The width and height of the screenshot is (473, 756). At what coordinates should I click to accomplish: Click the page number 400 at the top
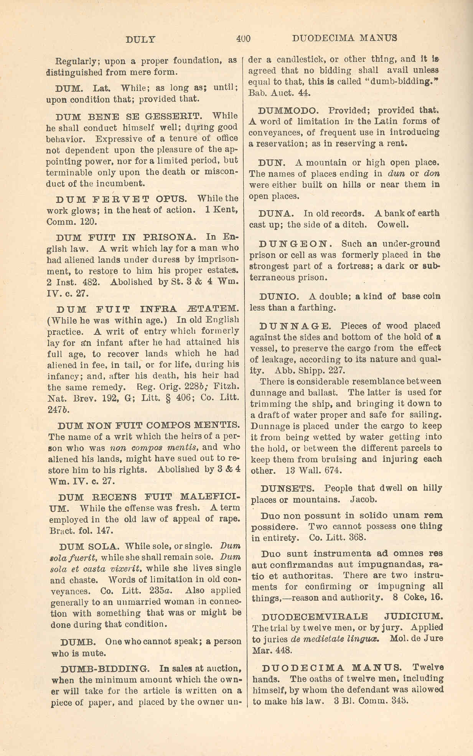pyautogui.click(x=243, y=38)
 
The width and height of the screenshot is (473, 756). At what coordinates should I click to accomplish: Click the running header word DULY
pyautogui.click(x=141, y=39)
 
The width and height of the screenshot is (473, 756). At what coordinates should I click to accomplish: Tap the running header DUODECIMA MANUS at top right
pyautogui.click(x=344, y=38)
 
